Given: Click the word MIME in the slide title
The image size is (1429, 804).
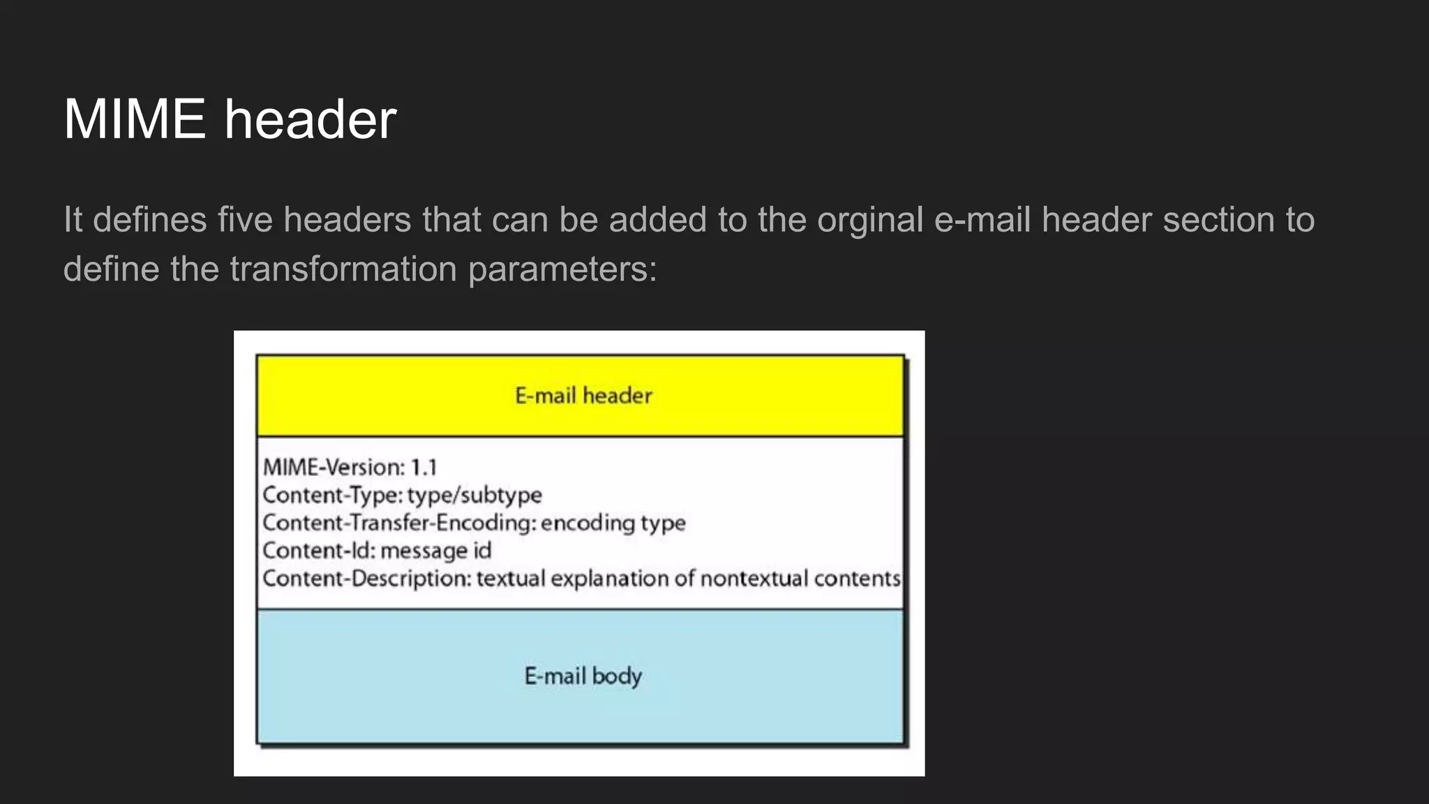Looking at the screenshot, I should [x=134, y=119].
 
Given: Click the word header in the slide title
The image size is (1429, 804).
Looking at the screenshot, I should [x=311, y=119].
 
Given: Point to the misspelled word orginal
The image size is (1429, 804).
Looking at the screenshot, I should [x=870, y=220].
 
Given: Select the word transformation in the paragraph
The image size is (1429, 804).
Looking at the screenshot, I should [x=343, y=269].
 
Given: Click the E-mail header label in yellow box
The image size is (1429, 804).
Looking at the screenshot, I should [x=583, y=396].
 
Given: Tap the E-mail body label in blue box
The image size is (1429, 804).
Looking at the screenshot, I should [x=583, y=676].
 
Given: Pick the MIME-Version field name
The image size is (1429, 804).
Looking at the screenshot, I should [x=333, y=467].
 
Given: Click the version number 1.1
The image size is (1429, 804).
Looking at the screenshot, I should [x=424, y=467].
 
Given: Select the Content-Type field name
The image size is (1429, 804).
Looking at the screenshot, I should [x=331, y=495].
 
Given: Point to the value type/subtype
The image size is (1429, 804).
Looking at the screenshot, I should [x=474, y=496].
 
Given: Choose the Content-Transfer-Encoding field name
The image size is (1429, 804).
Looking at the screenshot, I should [x=399, y=523].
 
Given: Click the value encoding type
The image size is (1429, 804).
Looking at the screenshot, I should [x=613, y=523].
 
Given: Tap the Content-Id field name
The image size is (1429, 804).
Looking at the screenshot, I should [x=318, y=551].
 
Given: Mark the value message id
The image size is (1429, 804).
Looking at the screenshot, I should [x=436, y=551].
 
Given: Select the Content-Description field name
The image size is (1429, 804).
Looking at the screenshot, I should [x=367, y=579].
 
